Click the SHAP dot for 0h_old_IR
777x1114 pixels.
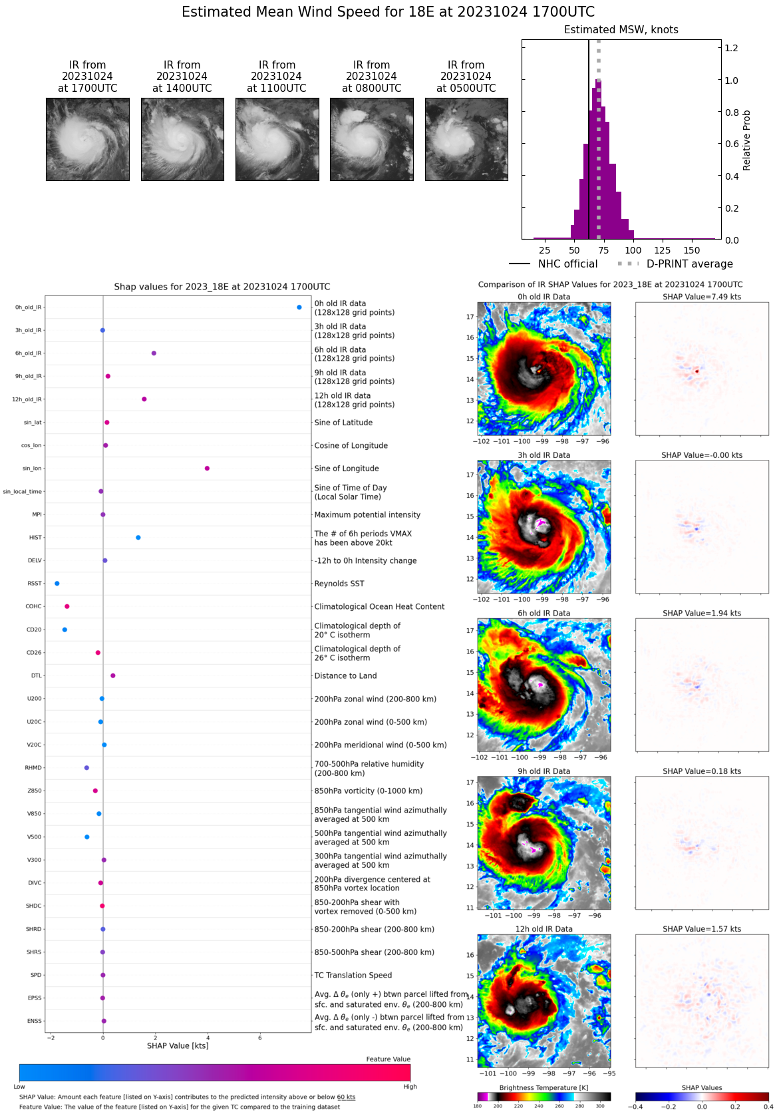click(x=299, y=307)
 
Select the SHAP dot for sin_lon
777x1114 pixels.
click(x=207, y=468)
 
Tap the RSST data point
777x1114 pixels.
click(x=57, y=584)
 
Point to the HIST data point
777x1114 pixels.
click(x=138, y=538)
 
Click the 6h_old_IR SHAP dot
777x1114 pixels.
click(x=154, y=353)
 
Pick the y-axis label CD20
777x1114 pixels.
click(x=34, y=630)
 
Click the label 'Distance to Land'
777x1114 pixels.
click(x=345, y=676)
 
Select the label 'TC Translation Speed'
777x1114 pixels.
click(x=353, y=976)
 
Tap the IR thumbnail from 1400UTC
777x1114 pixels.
click(x=182, y=139)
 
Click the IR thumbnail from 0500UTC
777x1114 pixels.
click(x=466, y=139)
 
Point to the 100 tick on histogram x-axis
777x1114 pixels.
click(x=633, y=250)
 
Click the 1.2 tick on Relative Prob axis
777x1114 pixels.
click(x=731, y=48)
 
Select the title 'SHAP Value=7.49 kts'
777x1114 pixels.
click(x=702, y=297)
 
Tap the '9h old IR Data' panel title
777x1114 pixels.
click(x=544, y=771)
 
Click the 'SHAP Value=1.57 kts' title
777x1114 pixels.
click(x=702, y=929)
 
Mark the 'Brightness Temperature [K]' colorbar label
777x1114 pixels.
click(x=544, y=1088)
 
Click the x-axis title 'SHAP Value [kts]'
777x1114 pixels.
click(x=178, y=1046)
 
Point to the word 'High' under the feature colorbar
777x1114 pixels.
click(x=410, y=1087)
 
